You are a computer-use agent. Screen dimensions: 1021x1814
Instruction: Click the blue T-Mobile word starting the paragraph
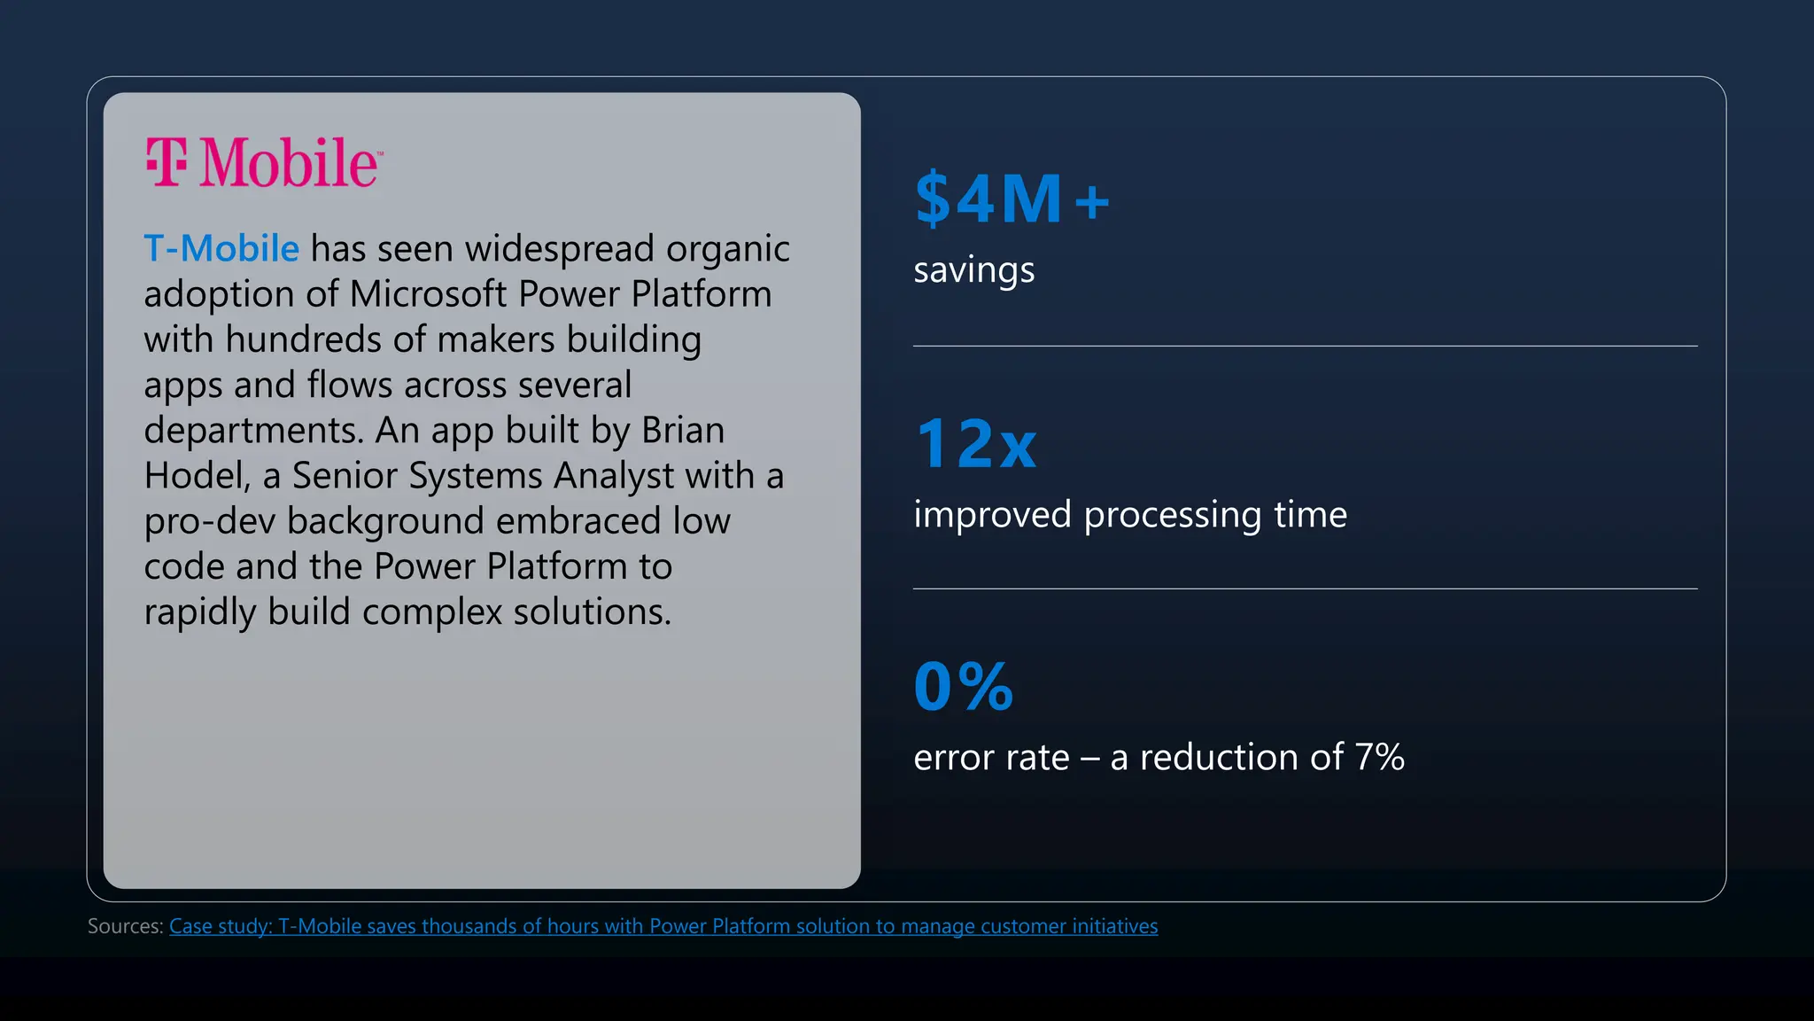[x=221, y=249]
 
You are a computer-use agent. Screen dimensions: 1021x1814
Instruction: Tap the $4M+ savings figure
[x=1011, y=199]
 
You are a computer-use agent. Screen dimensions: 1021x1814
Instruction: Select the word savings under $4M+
[x=973, y=270]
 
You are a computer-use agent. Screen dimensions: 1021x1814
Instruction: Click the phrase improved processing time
[x=1129, y=515]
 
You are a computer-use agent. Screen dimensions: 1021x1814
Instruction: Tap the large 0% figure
[x=963, y=687]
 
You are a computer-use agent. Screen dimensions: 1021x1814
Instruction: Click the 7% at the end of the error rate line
[x=1379, y=758]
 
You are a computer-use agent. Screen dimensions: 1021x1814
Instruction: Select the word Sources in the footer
[x=125, y=926]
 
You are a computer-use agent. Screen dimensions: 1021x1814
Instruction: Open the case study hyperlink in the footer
[x=663, y=926]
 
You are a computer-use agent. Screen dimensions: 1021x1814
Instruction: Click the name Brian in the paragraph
[x=683, y=431]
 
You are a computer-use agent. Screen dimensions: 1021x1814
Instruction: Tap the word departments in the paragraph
[x=253, y=431]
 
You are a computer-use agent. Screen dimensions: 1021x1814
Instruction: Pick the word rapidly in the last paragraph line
[x=200, y=612]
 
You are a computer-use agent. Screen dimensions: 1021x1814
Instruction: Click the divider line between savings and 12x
[x=1305, y=346]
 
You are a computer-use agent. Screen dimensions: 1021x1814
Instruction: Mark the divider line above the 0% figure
[x=1305, y=588]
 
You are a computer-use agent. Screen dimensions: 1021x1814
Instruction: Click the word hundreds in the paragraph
[x=303, y=339]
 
